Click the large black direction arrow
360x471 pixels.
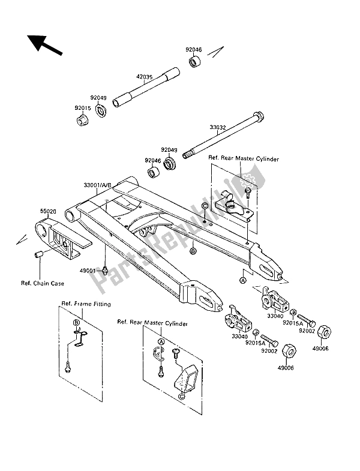tap(44, 45)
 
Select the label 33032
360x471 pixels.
tap(218, 127)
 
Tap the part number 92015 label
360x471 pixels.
tap(83, 107)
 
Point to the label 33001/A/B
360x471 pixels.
tap(97, 185)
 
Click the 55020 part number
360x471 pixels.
tap(48, 211)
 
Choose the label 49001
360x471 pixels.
tap(88, 271)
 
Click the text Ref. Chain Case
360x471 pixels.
tap(43, 283)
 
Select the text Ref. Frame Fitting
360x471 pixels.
tap(86, 304)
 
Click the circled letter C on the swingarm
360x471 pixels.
tap(205, 205)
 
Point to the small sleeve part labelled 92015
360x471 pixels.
tap(81, 120)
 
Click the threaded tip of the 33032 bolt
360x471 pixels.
tap(186, 155)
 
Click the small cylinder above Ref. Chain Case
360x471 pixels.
tap(38, 255)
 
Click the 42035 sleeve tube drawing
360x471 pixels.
tap(146, 88)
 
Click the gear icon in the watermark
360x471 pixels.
tap(248, 180)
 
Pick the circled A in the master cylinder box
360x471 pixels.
tap(161, 341)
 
